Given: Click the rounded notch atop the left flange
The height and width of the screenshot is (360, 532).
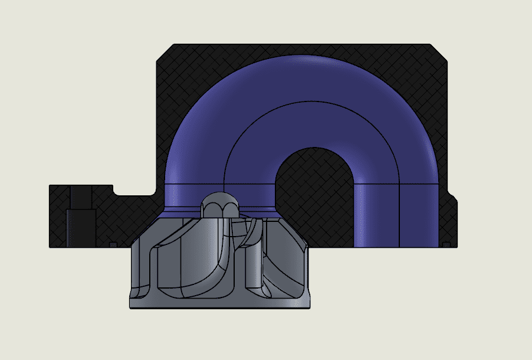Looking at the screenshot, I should click(119, 191).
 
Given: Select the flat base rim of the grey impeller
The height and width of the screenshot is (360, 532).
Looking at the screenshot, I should click(219, 303).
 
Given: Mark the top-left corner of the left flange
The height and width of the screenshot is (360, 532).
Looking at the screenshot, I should click(50, 186).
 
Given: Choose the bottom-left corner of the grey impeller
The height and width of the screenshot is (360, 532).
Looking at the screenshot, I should click(130, 306).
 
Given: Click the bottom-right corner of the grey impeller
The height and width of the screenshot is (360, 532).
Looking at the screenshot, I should click(309, 306).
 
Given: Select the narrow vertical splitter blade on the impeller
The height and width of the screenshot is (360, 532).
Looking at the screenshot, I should click(253, 260).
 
